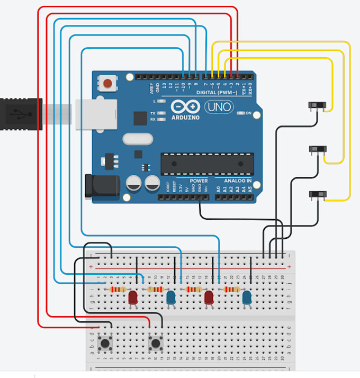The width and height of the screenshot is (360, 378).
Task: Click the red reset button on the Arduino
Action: click(109, 83)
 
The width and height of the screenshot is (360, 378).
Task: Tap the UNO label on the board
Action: click(218, 106)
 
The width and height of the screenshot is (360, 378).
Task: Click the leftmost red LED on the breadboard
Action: click(133, 298)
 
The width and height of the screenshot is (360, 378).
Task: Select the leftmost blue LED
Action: click(171, 298)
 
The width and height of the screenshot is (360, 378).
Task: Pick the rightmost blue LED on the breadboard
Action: click(247, 298)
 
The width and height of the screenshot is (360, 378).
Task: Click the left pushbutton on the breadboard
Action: click(105, 344)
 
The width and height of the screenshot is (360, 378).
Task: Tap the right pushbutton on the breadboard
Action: click(156, 344)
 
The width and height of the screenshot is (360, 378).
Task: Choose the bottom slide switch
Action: click(317, 195)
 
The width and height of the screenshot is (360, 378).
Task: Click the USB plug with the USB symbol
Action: click(20, 114)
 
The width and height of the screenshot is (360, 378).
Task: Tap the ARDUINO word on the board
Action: click(185, 118)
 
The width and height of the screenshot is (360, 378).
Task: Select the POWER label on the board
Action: click(199, 181)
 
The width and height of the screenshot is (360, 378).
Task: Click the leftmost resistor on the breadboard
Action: click(117, 290)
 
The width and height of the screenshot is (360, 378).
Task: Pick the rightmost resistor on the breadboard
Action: click(232, 290)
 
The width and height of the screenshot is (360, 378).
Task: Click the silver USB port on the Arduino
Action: click(96, 114)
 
